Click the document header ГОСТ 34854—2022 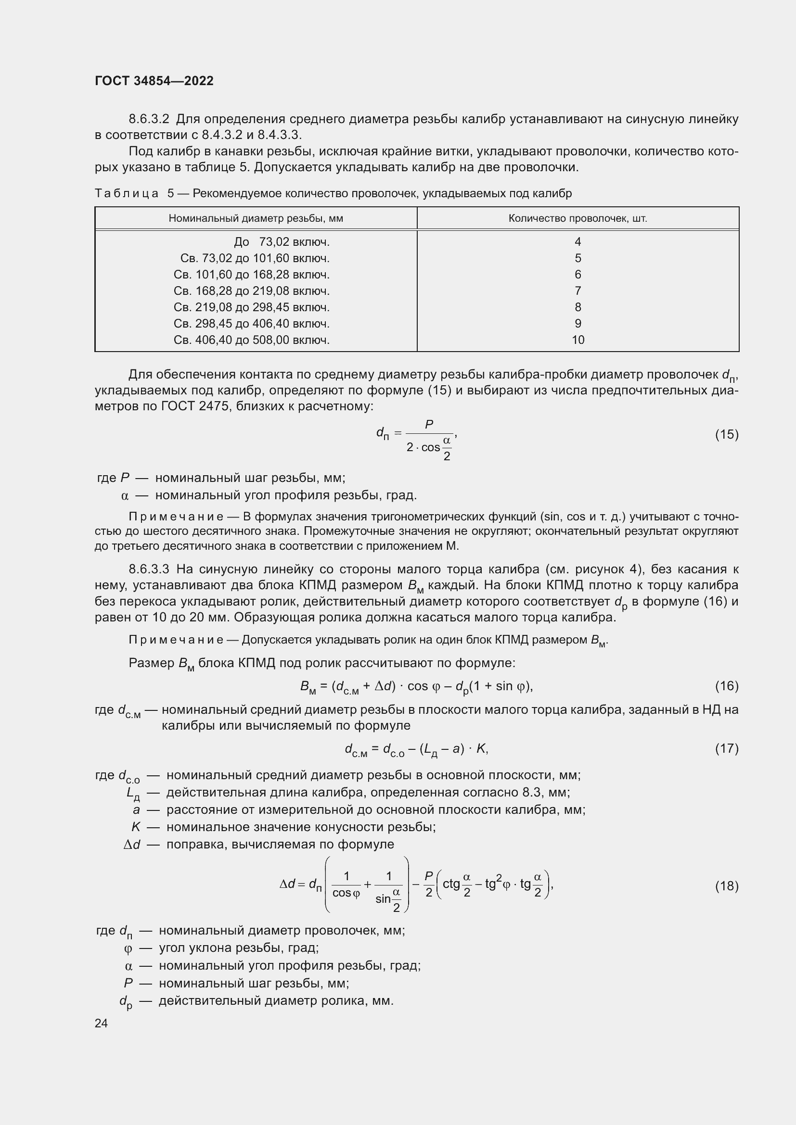[154, 81]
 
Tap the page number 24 [101, 1023]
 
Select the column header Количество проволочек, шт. [578, 218]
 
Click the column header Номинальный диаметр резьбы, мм [256, 218]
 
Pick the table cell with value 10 [578, 340]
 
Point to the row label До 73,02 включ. [282, 242]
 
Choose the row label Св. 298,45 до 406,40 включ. [251, 324]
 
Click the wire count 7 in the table [578, 291]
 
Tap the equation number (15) [726, 435]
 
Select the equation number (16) [726, 686]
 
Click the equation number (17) [726, 748]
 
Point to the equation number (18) [726, 886]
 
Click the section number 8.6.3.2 [149, 119]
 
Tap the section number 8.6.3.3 [149, 569]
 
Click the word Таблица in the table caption [127, 193]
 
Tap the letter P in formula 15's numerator [429, 425]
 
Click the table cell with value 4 [578, 242]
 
